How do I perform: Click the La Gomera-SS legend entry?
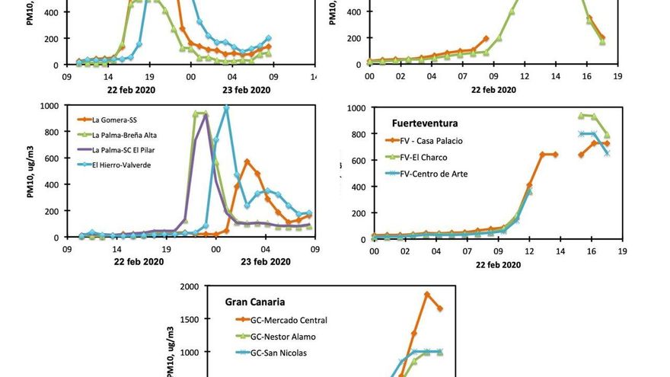(x=115, y=119)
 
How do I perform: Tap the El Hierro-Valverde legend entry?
(x=122, y=165)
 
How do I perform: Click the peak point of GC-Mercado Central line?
(x=427, y=294)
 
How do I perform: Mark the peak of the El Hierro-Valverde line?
(x=226, y=108)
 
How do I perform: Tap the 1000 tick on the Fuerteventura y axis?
(x=358, y=108)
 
